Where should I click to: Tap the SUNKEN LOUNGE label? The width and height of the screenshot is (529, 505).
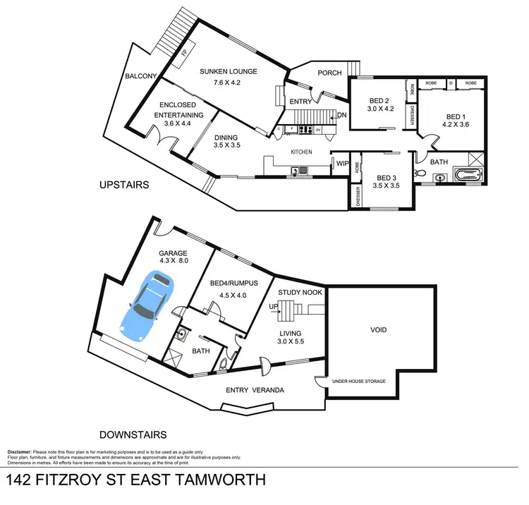(x=228, y=71)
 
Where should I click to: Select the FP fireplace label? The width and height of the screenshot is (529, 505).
(x=183, y=54)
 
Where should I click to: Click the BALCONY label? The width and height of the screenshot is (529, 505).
(x=140, y=76)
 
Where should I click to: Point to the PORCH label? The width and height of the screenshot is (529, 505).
(x=329, y=73)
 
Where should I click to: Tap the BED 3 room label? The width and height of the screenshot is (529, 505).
(x=387, y=178)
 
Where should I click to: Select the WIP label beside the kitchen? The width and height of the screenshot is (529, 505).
(x=341, y=163)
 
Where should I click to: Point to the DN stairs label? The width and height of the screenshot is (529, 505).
(x=342, y=115)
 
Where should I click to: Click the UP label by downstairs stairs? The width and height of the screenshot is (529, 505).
(x=274, y=306)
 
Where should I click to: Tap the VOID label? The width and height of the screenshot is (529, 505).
(x=379, y=329)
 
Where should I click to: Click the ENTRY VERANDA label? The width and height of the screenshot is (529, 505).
(x=251, y=391)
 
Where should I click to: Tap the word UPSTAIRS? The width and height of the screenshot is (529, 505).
(x=123, y=185)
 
